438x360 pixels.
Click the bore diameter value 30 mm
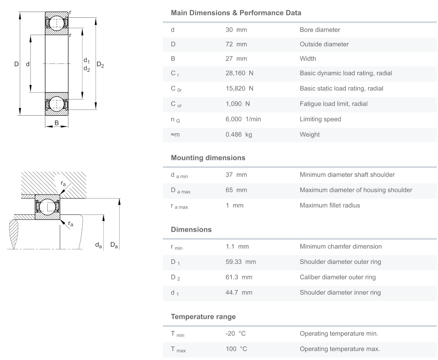click(x=236, y=30)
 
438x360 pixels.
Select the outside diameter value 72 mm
click(x=236, y=44)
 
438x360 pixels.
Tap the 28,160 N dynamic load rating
click(x=239, y=73)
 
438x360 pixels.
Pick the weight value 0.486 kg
click(x=239, y=135)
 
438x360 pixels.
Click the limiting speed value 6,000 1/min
click(x=243, y=119)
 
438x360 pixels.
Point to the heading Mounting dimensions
click(x=208, y=158)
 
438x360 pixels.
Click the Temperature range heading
click(x=203, y=317)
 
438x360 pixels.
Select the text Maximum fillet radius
click(x=330, y=206)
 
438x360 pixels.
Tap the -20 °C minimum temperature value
click(x=236, y=334)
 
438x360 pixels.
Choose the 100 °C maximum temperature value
click(x=236, y=349)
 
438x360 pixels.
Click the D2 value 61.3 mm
click(x=239, y=277)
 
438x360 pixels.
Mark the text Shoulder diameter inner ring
click(x=340, y=293)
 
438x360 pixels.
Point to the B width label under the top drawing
click(x=57, y=123)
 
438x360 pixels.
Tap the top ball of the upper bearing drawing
click(x=57, y=23)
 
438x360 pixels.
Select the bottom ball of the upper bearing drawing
click(x=57, y=104)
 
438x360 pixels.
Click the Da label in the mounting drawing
click(x=114, y=245)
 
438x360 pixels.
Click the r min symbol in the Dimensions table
click(x=176, y=247)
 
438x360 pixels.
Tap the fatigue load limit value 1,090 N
click(x=237, y=104)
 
